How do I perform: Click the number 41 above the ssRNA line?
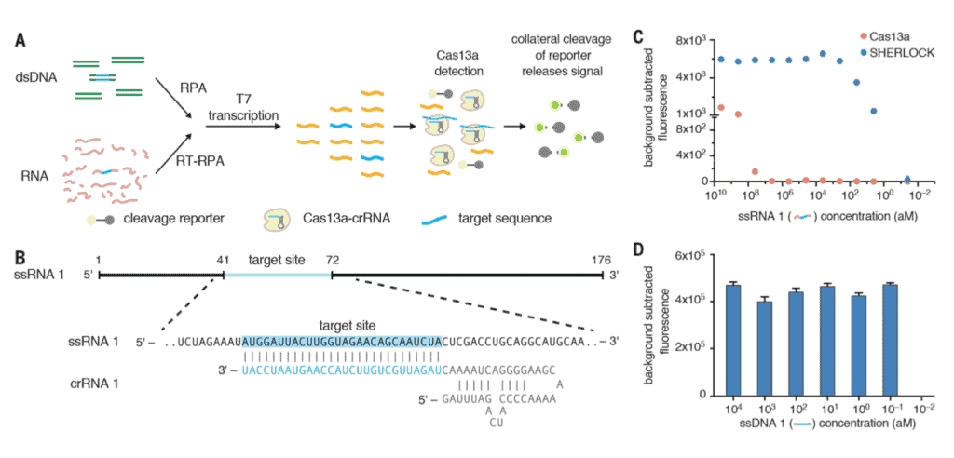point(223,261)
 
